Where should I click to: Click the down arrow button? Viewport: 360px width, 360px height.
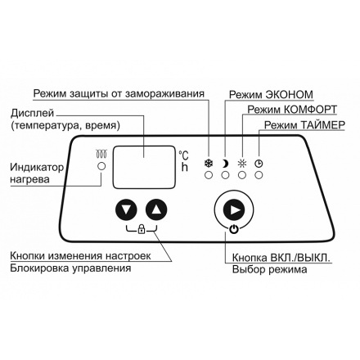pyautogui.click(x=124, y=210)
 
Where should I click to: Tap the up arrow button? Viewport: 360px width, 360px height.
pyautogui.click(x=156, y=210)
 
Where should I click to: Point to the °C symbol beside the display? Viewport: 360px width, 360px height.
pyautogui.click(x=186, y=154)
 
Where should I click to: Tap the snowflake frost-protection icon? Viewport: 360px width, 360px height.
pyautogui.click(x=208, y=162)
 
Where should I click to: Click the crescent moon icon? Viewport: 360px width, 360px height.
pyautogui.click(x=224, y=162)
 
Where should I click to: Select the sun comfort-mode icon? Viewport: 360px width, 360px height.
pyautogui.click(x=241, y=162)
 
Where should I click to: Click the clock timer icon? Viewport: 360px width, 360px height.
pyautogui.click(x=259, y=162)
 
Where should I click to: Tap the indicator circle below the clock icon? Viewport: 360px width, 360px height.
pyautogui.click(x=259, y=173)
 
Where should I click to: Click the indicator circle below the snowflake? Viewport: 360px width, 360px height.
pyautogui.click(x=208, y=173)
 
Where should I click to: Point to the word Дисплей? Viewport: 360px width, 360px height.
pyautogui.click(x=30, y=113)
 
